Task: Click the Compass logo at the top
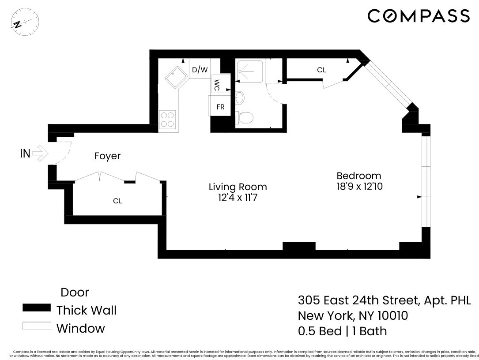coord(418,16)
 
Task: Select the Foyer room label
coord(107,156)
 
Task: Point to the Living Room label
coord(238,187)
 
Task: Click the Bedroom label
coord(358,175)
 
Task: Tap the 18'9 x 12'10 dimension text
coord(358,187)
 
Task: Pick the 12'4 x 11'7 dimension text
coord(238,198)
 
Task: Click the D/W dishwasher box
coord(200,70)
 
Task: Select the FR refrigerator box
coord(220,107)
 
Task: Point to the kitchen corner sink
coord(175,78)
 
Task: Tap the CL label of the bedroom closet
coord(321,70)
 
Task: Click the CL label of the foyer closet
coord(117,201)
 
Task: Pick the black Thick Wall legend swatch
coord(37,308)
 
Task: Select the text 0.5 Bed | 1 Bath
coord(342,331)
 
